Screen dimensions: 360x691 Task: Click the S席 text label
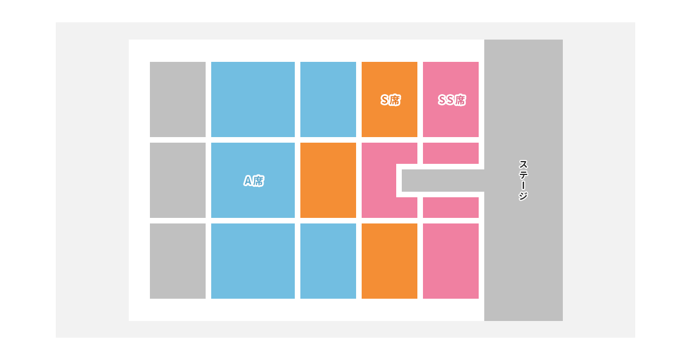390,100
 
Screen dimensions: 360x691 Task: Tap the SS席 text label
451,100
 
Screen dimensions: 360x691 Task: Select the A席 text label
254,181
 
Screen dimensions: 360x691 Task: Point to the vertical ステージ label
523,180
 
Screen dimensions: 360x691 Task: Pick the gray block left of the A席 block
178,180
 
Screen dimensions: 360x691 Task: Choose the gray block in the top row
178,99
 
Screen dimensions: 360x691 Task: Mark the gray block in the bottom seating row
178,261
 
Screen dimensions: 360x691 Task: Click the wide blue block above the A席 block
253,99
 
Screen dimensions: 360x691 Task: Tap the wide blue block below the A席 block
253,261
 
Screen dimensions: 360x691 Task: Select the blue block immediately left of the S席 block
328,99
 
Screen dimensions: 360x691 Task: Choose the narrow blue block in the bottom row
328,261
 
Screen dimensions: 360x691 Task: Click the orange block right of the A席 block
328,180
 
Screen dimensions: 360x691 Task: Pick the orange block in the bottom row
390,261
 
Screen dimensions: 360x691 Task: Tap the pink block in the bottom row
451,261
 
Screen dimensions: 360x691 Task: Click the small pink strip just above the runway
451,153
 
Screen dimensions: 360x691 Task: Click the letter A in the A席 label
248,181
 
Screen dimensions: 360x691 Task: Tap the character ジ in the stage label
523,196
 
